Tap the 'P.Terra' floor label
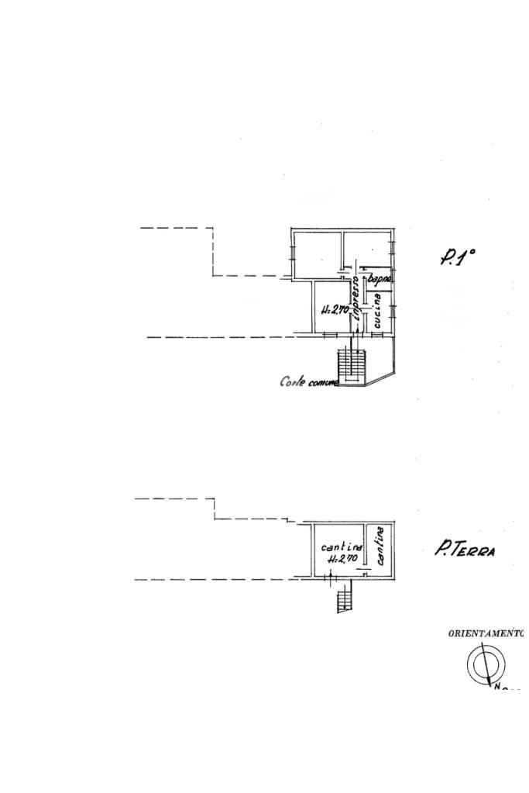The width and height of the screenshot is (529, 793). click(465, 550)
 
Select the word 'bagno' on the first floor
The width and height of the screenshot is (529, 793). click(381, 279)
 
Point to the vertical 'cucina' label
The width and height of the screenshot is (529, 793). click(376, 310)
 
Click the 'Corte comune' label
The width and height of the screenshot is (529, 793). click(309, 381)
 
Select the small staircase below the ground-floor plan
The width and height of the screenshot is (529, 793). click(345, 598)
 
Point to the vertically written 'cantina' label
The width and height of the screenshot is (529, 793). click(380, 546)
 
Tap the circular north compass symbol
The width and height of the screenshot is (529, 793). click(486, 664)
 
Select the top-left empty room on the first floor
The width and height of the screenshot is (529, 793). click(317, 253)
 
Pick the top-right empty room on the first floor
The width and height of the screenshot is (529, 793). click(369, 250)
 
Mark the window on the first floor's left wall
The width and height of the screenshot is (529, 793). click(292, 250)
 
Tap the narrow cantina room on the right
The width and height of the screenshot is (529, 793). click(381, 549)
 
